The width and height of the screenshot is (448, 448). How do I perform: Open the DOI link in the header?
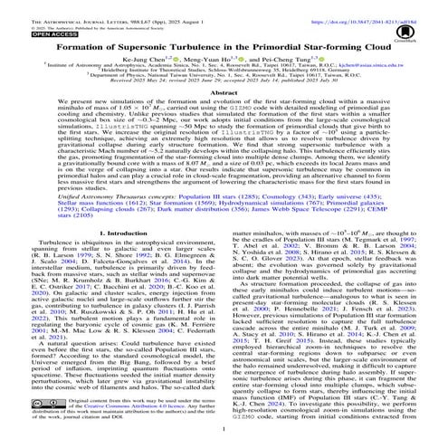click(x=377, y=5)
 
